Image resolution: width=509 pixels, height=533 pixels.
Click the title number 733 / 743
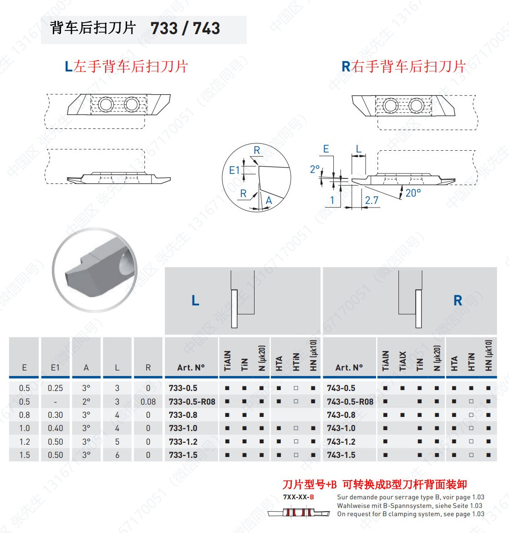185,29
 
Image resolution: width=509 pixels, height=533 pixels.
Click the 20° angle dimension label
413,193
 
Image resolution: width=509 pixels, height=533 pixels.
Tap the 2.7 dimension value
372,200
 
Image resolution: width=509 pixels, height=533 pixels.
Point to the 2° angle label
315,169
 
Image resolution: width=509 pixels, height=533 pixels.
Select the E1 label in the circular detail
234,170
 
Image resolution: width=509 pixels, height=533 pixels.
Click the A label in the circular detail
269,200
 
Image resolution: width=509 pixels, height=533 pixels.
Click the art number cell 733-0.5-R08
192,401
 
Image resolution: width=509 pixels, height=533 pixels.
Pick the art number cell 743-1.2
341,442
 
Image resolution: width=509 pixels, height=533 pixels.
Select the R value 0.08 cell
148,401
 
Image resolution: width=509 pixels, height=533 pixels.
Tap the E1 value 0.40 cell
56,428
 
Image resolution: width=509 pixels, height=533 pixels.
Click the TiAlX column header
402,360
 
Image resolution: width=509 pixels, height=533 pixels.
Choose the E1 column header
55,367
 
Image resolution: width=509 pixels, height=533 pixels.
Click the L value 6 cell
117,455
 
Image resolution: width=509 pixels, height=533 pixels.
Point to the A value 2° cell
86,401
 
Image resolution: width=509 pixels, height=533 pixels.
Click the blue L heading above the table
195,300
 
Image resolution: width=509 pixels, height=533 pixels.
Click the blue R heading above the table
458,300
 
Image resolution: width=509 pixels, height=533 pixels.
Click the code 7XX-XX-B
298,497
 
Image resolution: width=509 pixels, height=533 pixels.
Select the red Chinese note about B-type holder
374,484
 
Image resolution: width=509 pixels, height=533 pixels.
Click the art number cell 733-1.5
183,455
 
